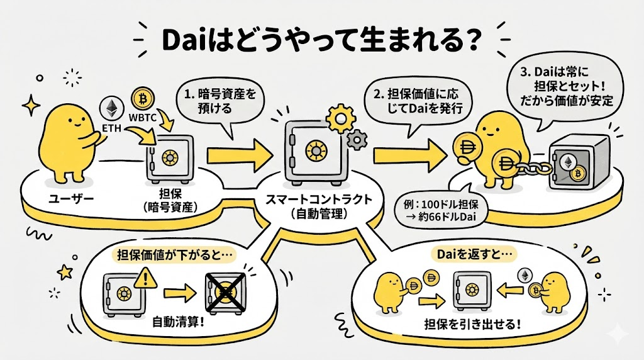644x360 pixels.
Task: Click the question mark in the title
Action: [x=470, y=39]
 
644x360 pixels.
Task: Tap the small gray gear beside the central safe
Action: [x=358, y=138]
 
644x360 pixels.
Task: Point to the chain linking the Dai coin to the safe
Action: [x=531, y=167]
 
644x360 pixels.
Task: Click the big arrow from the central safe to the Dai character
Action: [x=409, y=152]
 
